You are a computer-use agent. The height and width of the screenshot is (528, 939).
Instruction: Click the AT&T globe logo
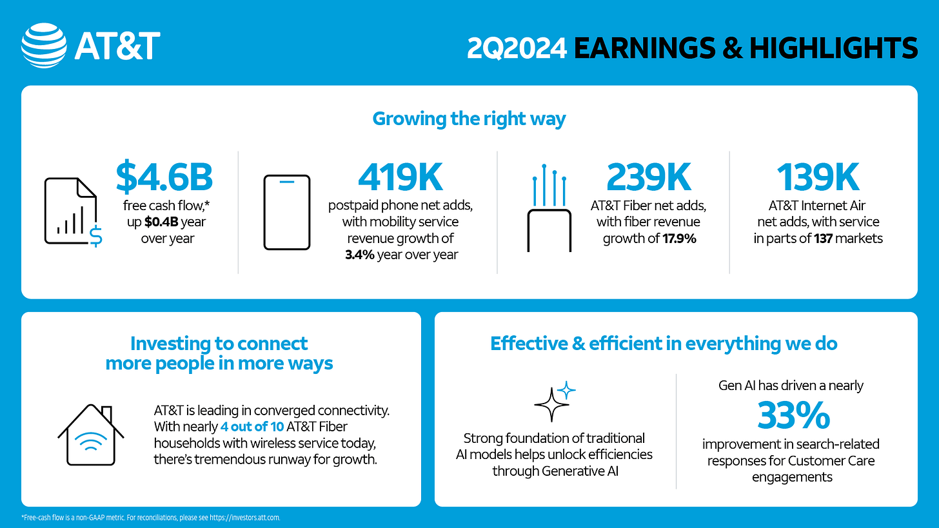click(44, 46)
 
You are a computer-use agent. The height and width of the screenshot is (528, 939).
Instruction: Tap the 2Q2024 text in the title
click(517, 48)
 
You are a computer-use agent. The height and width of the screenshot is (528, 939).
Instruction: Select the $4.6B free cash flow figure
click(164, 177)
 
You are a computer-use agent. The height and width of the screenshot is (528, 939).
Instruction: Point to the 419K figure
click(400, 177)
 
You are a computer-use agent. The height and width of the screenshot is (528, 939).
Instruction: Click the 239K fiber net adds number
click(649, 177)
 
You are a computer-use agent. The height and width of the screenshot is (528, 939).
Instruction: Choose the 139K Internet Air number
click(818, 177)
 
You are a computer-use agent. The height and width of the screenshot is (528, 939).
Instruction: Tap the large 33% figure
click(793, 415)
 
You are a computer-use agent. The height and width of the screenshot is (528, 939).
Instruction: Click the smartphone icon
click(287, 213)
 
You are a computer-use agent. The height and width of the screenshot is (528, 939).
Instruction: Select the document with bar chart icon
click(73, 212)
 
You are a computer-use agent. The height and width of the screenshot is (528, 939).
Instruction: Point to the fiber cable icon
click(549, 208)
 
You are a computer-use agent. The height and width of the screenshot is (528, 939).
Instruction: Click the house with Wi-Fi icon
click(90, 435)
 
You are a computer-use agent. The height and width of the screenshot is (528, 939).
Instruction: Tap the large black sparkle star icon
click(551, 404)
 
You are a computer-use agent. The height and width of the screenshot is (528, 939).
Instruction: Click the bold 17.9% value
click(679, 239)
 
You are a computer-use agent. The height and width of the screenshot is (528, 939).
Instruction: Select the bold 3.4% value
click(360, 255)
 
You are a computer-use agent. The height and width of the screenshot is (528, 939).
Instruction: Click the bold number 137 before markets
click(824, 239)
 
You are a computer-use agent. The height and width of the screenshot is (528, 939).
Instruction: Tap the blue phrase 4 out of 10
click(252, 427)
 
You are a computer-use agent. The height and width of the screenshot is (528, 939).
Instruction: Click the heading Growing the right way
click(469, 119)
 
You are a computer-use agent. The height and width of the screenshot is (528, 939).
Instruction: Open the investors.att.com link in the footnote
click(244, 518)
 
